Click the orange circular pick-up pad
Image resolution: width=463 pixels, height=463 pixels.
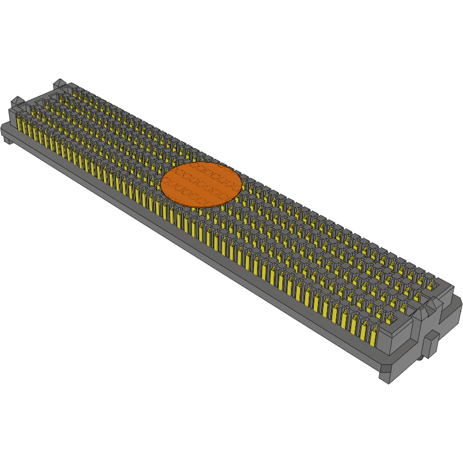pyautogui.click(x=201, y=184)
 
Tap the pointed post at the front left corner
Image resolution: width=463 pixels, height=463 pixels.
pyautogui.click(x=16, y=103)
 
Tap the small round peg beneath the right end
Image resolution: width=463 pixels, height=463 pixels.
pyautogui.click(x=422, y=357)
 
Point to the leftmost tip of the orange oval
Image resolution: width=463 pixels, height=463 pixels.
pyautogui.click(x=161, y=184)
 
